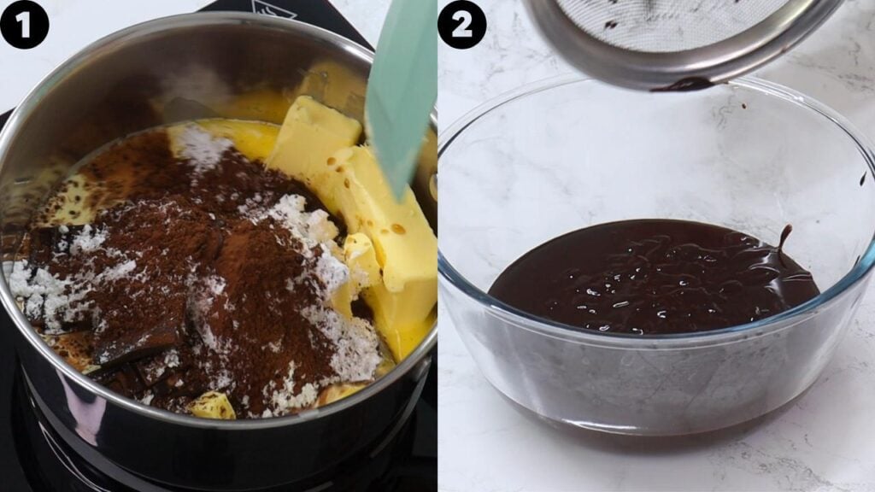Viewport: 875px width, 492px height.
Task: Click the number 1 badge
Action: pos(24,24)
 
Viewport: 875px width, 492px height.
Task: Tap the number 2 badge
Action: pos(461,24)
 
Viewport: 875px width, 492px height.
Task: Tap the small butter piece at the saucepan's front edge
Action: pos(212,405)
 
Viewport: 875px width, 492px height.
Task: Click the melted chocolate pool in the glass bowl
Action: pos(649,273)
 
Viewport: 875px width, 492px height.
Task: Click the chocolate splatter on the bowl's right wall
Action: pos(863,179)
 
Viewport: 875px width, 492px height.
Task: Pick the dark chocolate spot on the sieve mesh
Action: pos(609,25)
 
